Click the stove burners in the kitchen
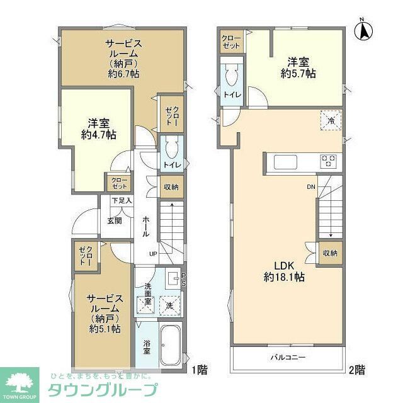click(x=329, y=161)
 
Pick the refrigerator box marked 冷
click(x=329, y=120)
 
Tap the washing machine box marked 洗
click(x=169, y=305)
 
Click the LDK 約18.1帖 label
click(x=285, y=271)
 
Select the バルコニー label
click(x=289, y=358)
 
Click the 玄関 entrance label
click(x=115, y=220)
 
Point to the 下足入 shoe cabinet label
click(x=122, y=201)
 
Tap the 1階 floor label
click(x=199, y=370)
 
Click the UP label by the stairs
click(x=153, y=254)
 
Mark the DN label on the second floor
click(x=311, y=187)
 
